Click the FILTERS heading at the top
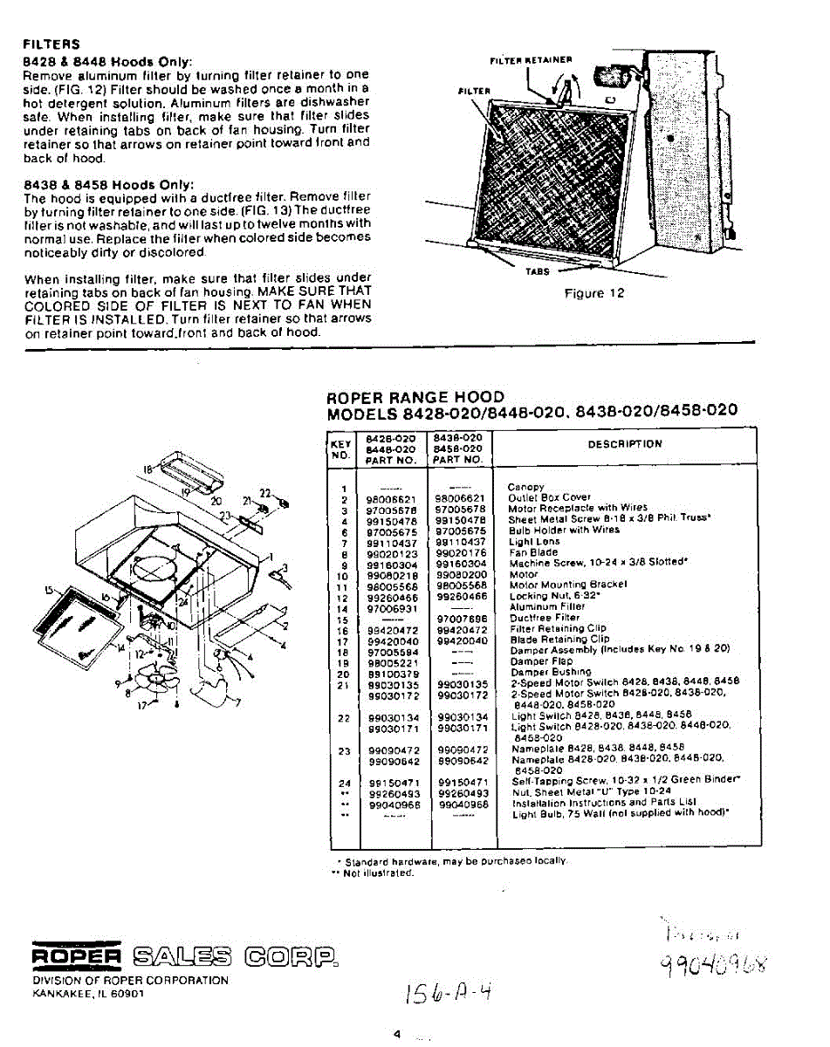pyautogui.click(x=51, y=44)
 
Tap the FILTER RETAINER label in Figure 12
pyautogui.click(x=530, y=60)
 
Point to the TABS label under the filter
pyautogui.click(x=538, y=271)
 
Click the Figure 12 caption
pyautogui.click(x=594, y=293)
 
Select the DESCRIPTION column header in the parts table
pyautogui.click(x=625, y=443)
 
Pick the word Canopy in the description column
pyautogui.click(x=525, y=487)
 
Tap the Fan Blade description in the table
pyautogui.click(x=535, y=552)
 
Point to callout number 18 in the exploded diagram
pyautogui.click(x=147, y=469)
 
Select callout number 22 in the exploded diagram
pyautogui.click(x=265, y=493)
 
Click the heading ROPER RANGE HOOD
pyautogui.click(x=415, y=397)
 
